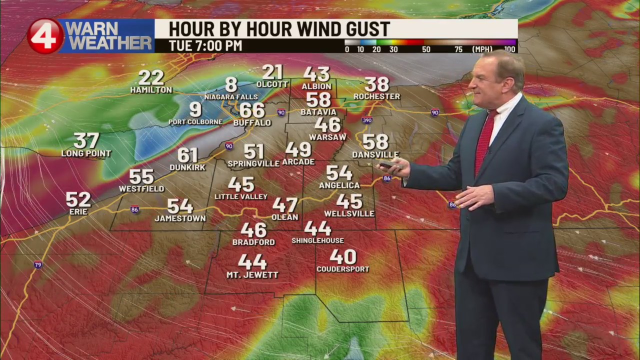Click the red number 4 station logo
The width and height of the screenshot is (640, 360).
(45, 36)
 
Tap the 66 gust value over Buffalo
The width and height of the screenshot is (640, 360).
(252, 110)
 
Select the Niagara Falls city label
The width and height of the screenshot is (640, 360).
(231, 96)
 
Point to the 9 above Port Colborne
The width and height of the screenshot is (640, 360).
(195, 109)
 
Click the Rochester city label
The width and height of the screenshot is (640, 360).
(376, 96)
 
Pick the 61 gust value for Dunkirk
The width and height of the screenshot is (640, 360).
(187, 155)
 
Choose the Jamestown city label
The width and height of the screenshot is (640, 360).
(180, 218)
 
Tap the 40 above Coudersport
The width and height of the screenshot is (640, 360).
(343, 257)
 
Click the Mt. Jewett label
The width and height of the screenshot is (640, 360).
(252, 275)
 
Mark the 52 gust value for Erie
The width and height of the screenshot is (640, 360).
(78, 199)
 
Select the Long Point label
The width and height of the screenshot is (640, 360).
(86, 153)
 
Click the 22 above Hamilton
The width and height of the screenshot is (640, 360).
(151, 77)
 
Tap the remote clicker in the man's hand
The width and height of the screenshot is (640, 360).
(386, 165)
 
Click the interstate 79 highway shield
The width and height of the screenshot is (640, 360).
(38, 264)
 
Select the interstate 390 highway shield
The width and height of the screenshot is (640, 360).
(366, 120)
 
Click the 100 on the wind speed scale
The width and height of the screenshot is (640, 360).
(509, 49)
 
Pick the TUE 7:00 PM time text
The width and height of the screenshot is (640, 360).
(205, 46)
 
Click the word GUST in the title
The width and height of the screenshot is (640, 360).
(362, 28)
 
